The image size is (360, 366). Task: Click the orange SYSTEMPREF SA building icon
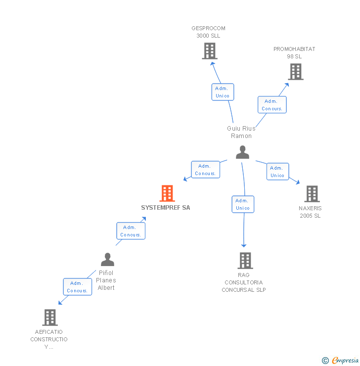[x=167, y=193]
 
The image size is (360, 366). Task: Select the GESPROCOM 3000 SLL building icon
[x=210, y=50]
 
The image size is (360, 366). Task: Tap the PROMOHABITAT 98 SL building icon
[x=295, y=72]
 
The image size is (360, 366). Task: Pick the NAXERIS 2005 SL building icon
[x=312, y=194]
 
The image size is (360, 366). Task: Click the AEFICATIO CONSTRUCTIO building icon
[x=49, y=317]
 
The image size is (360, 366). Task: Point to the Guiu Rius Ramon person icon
[x=242, y=152]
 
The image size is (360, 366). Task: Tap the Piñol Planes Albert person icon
[x=107, y=259]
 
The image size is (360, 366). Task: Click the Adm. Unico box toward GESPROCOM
[x=223, y=92]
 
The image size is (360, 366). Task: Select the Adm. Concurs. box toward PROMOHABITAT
[x=272, y=105]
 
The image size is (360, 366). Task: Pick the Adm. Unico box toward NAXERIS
[x=277, y=172]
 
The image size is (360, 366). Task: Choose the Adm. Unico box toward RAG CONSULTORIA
[x=243, y=204]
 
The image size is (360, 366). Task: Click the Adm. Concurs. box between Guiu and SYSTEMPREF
[x=205, y=170]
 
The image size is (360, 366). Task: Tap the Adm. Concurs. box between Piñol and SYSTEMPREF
[x=131, y=231]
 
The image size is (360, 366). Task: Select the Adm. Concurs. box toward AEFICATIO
[x=77, y=287]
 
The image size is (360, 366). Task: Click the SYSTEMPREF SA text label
[x=165, y=208]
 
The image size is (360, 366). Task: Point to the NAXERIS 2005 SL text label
[x=310, y=212]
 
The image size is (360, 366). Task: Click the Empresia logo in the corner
[x=345, y=361]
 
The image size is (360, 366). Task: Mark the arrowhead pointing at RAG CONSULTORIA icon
[x=243, y=245]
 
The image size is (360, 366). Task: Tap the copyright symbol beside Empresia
[x=325, y=361]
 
